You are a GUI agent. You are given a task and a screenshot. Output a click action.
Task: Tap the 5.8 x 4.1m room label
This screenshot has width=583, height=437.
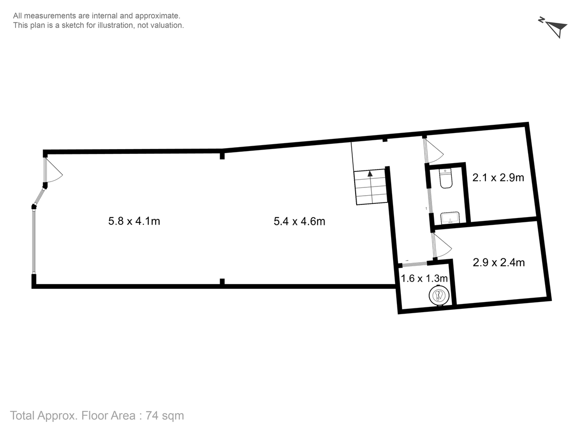[x=134, y=221]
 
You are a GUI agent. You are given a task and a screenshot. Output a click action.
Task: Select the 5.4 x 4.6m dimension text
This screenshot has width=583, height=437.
[x=299, y=221]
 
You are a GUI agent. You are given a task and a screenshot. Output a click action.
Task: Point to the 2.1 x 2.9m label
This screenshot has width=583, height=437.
[x=498, y=178]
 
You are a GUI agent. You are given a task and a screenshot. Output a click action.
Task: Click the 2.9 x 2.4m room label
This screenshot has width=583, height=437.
[x=498, y=262]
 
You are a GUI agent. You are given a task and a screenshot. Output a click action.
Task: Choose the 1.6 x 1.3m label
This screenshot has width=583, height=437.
[x=424, y=278]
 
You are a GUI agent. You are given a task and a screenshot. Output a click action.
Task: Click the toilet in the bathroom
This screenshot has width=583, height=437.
[x=446, y=178]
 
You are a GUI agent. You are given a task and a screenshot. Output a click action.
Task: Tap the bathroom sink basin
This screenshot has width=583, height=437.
[x=450, y=218]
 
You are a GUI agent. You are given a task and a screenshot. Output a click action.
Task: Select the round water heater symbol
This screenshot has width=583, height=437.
[x=439, y=295]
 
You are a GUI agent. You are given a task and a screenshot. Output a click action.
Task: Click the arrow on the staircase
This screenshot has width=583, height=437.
[x=370, y=174]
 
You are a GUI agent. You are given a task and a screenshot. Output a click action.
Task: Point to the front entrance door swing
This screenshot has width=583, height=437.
[x=53, y=170]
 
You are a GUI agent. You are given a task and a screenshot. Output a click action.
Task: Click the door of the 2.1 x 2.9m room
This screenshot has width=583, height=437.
[x=433, y=151]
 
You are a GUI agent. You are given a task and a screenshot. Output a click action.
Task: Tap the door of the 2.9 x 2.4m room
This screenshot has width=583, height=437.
[x=442, y=246]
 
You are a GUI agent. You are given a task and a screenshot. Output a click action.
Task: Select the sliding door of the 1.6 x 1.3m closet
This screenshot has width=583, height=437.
[x=414, y=264]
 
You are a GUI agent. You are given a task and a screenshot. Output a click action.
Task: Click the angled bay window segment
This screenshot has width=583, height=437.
[x=39, y=197]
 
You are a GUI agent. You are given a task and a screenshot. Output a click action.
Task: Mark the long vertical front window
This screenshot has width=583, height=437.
[x=34, y=241]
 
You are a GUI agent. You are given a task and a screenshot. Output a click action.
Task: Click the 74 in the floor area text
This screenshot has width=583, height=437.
[x=152, y=416]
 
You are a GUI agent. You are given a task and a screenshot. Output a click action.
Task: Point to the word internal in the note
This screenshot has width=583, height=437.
[x=104, y=16]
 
